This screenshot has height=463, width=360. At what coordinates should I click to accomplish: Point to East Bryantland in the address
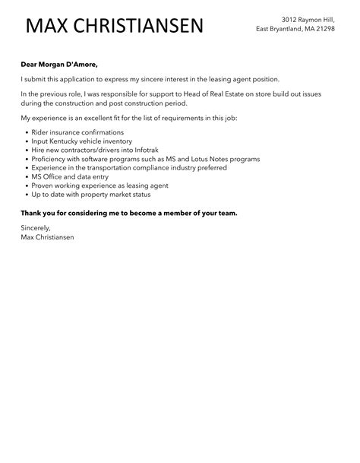click(279, 28)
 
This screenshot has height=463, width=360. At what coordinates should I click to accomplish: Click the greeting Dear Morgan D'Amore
click(59, 64)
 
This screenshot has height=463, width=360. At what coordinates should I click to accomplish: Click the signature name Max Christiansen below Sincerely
click(47, 237)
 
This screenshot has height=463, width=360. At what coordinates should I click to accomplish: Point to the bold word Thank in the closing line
click(32, 213)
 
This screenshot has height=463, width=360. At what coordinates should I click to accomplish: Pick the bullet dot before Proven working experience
click(26, 186)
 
